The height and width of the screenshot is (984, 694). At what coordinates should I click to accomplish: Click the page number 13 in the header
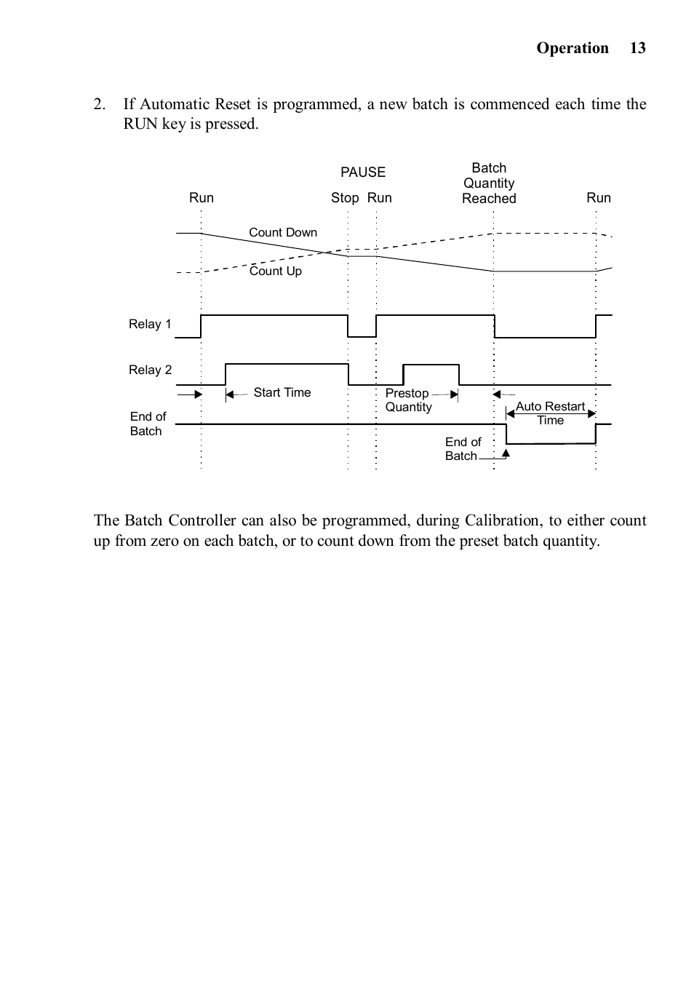[637, 48]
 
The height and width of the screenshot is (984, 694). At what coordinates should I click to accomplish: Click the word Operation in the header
[573, 48]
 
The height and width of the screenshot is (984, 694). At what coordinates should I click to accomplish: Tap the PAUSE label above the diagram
[363, 172]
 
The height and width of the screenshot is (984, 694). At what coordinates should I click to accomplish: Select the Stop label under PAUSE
[345, 198]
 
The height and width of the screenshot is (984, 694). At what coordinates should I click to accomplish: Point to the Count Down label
[283, 232]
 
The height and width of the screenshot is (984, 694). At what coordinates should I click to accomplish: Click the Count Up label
[276, 271]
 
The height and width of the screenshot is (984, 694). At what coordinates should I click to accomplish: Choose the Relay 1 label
[150, 324]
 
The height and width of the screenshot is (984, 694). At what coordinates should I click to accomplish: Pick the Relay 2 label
[151, 370]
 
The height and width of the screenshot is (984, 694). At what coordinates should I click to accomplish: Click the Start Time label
[282, 392]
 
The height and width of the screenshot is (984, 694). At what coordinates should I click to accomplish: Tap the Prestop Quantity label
[408, 400]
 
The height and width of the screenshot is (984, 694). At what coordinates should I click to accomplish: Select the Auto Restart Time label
[550, 413]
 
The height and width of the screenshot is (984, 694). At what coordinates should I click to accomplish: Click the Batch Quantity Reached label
[489, 183]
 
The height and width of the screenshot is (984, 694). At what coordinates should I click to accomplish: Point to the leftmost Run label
[202, 198]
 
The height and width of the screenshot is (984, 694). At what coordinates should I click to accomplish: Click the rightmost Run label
[599, 198]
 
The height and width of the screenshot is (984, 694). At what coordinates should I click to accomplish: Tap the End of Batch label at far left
[148, 424]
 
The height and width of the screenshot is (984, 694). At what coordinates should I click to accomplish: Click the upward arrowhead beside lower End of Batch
[506, 453]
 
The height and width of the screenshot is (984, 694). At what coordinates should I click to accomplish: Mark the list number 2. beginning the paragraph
[100, 104]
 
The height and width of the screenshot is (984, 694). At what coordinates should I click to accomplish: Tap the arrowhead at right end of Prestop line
[455, 394]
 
